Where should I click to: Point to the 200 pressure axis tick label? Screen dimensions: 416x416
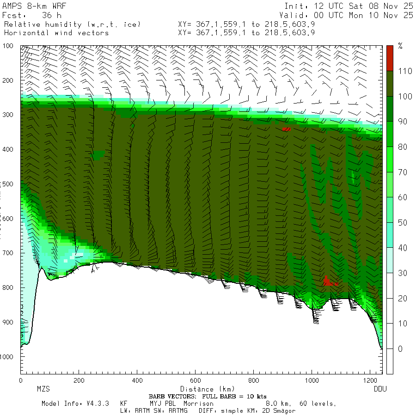9,80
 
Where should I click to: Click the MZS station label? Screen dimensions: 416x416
43,389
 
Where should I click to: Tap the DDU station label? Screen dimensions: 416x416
380,389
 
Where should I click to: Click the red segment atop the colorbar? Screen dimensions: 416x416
390,58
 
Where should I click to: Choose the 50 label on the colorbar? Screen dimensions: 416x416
402,222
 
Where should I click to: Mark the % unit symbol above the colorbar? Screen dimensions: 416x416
400,46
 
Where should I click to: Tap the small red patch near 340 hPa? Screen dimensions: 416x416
287,129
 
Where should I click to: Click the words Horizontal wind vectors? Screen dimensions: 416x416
56,33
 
